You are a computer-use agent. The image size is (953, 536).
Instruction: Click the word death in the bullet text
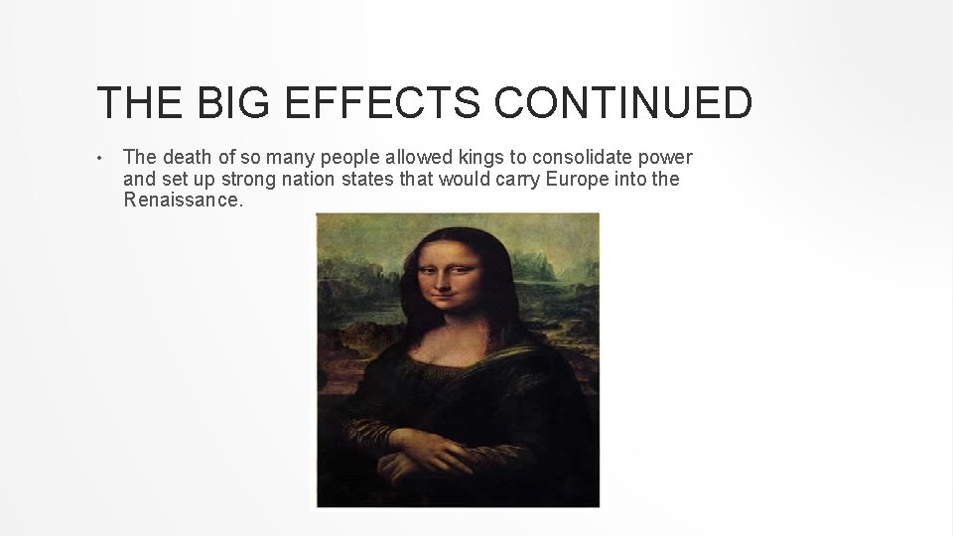pos(186,158)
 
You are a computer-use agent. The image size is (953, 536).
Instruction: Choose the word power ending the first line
pos(667,158)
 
